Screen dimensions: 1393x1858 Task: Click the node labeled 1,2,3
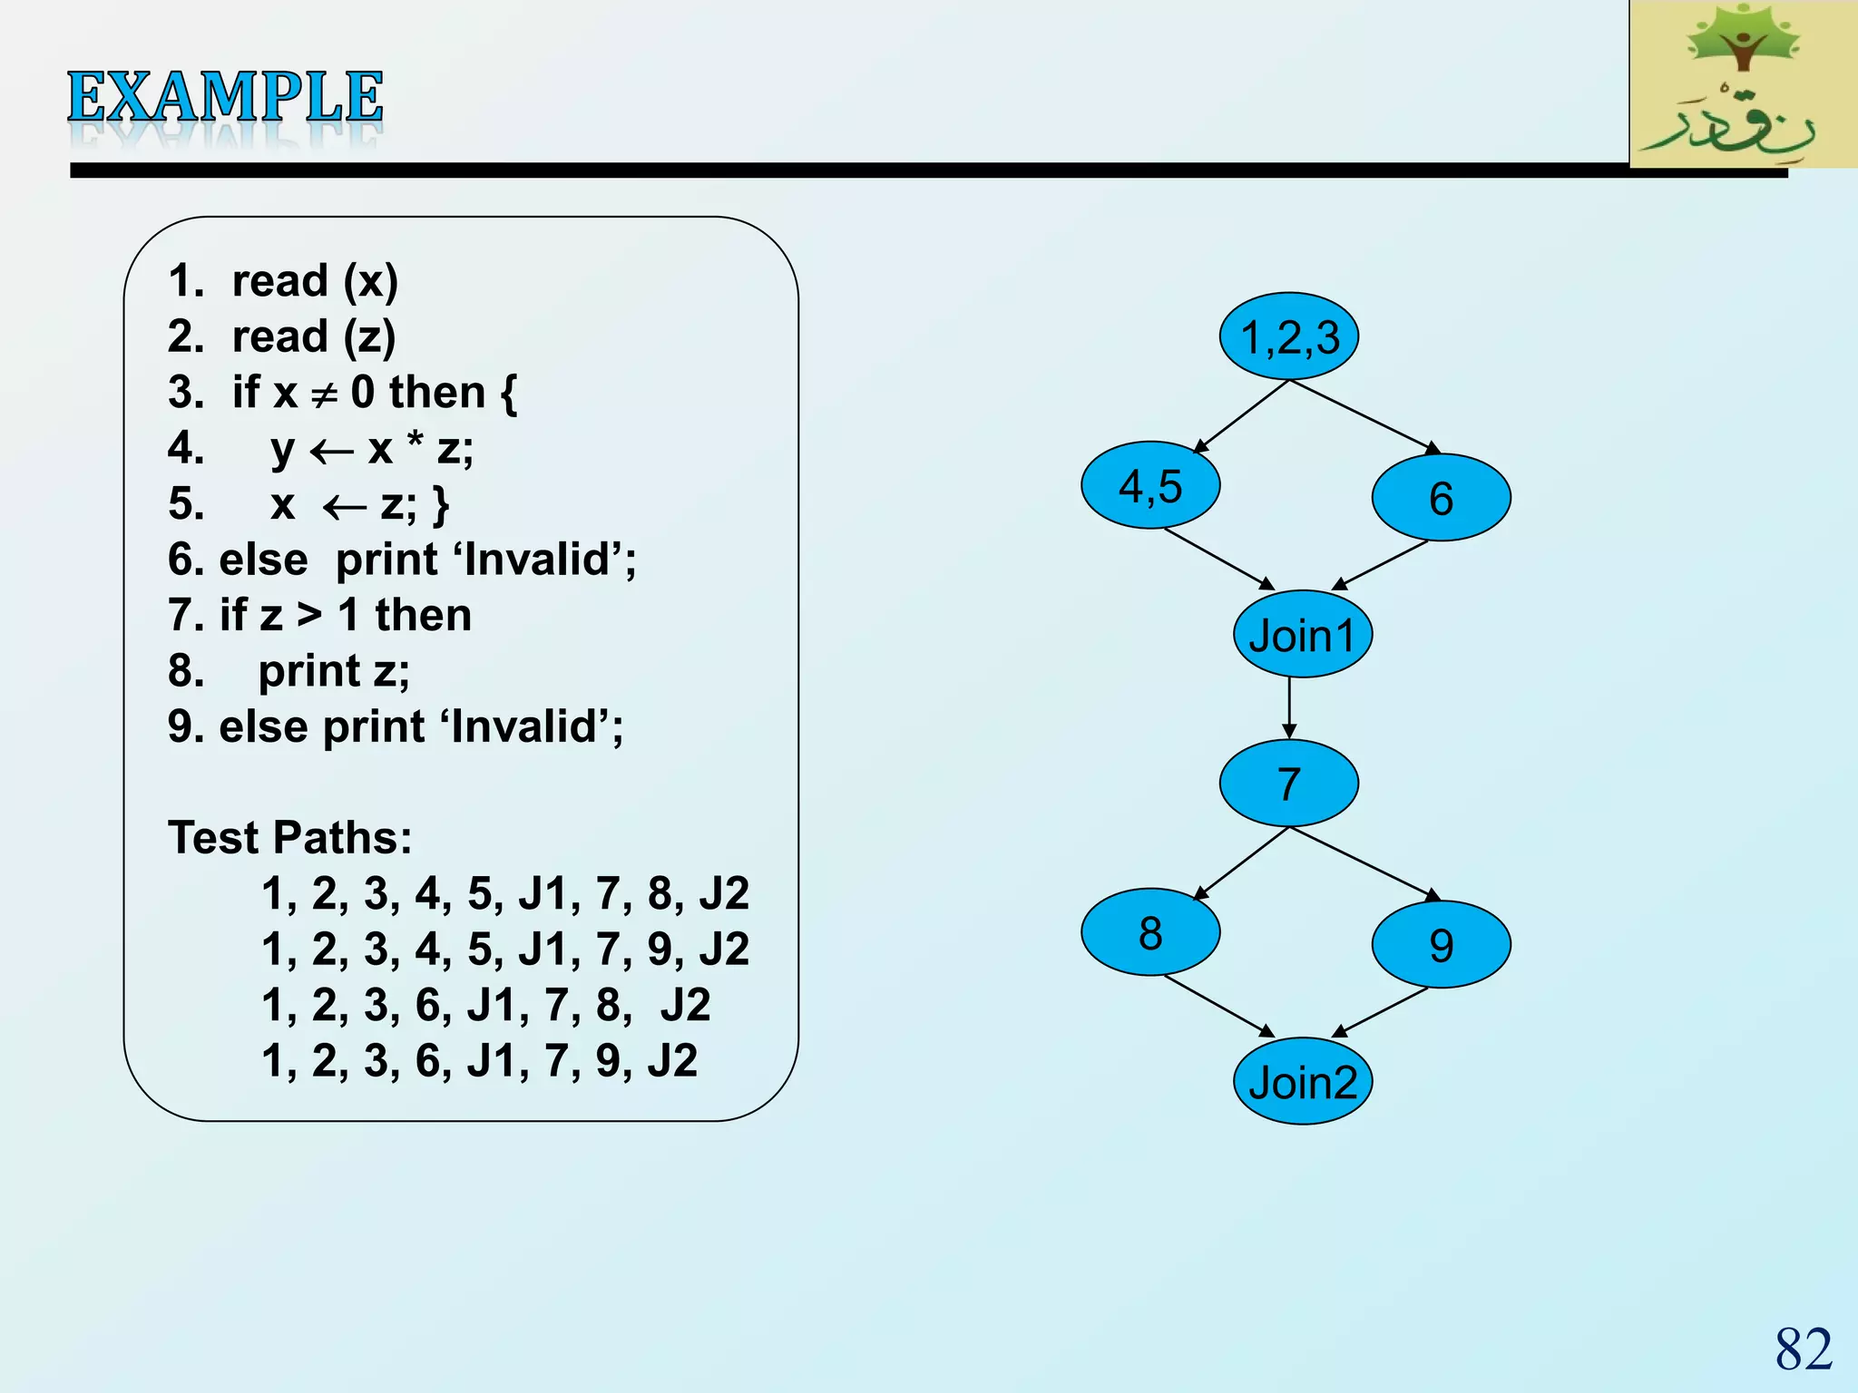click(1288, 336)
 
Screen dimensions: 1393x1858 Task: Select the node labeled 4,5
click(1150, 485)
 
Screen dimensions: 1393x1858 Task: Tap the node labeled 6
click(1441, 498)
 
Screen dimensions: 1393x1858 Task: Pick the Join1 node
click(1302, 634)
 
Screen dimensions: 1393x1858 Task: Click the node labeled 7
click(1288, 783)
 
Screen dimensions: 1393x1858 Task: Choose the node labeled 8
click(1150, 932)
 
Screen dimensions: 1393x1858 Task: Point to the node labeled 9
click(1441, 945)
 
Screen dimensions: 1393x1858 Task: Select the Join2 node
click(1302, 1081)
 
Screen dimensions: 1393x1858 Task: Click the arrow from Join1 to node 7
click(1289, 707)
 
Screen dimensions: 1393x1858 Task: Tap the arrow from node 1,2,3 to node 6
click(1364, 416)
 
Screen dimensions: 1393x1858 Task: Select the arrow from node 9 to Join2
click(1380, 1012)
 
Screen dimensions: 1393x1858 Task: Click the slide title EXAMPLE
click(225, 98)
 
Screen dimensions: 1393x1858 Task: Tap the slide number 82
click(1804, 1349)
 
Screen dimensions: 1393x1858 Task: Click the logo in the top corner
click(1743, 84)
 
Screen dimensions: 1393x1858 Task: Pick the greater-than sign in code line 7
click(310, 616)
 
